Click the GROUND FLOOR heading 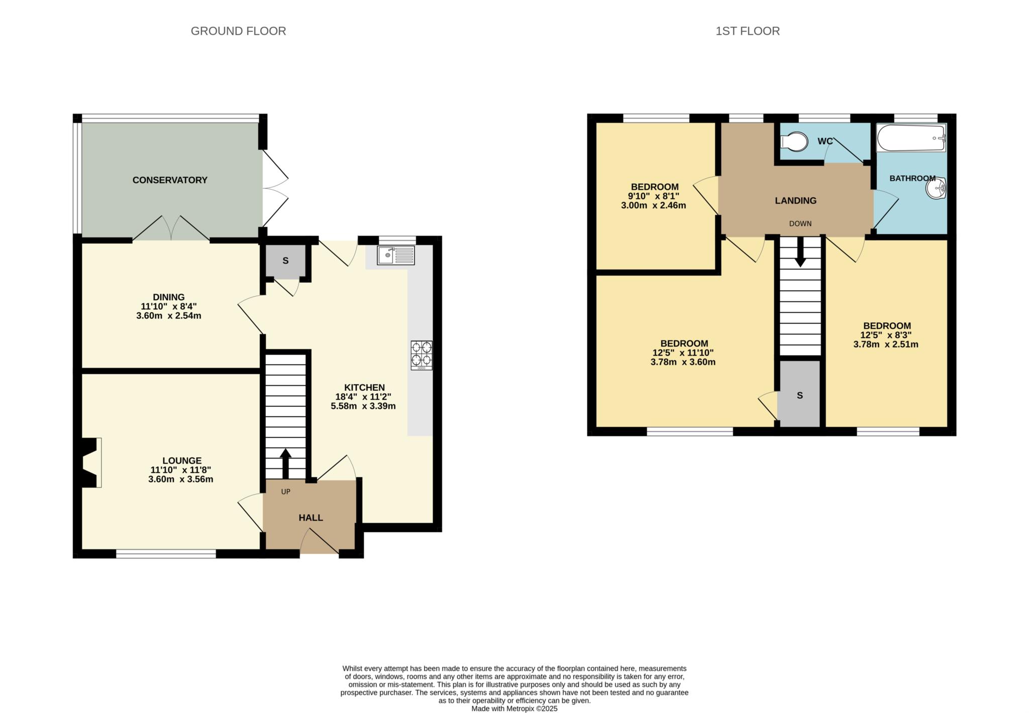pyautogui.click(x=238, y=31)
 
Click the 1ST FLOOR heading pyautogui.click(x=747, y=31)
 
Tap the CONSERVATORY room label pyautogui.click(x=170, y=180)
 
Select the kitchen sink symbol pyautogui.click(x=396, y=255)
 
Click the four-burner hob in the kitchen pyautogui.click(x=421, y=354)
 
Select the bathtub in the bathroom pyautogui.click(x=910, y=138)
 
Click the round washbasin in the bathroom pyautogui.click(x=936, y=189)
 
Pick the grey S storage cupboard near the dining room pyautogui.click(x=285, y=261)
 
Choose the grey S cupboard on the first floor pyautogui.click(x=799, y=396)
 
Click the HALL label pyautogui.click(x=311, y=518)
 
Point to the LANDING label pyautogui.click(x=795, y=200)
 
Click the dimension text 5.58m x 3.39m pyautogui.click(x=363, y=406)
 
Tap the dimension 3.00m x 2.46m pyautogui.click(x=653, y=205)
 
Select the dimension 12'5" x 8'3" pyautogui.click(x=885, y=335)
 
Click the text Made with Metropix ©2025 pyautogui.click(x=514, y=709)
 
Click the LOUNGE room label pyautogui.click(x=182, y=460)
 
